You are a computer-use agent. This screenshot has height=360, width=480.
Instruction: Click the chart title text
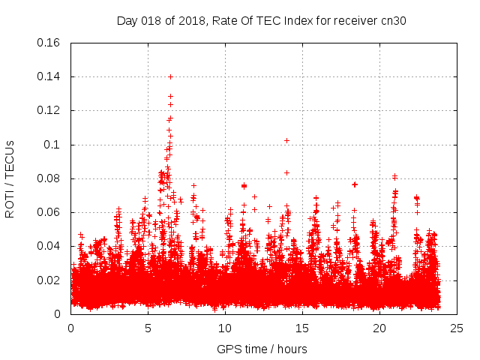click(x=262, y=19)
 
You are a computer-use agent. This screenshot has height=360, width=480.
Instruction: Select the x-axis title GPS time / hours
click(x=262, y=349)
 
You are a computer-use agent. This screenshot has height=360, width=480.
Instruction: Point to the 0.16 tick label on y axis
click(x=49, y=43)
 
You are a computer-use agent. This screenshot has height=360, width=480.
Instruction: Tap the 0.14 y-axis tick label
click(x=49, y=76)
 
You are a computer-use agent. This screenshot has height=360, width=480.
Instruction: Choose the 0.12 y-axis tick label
click(x=49, y=110)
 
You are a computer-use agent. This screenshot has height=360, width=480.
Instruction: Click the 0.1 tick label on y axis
click(x=54, y=145)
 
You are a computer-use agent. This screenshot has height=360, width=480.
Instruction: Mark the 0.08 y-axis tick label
click(x=49, y=178)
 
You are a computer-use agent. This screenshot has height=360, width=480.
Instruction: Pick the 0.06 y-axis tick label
click(x=49, y=212)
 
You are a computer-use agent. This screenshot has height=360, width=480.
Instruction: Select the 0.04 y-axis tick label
click(x=49, y=246)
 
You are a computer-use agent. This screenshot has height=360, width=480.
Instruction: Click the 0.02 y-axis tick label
click(x=49, y=280)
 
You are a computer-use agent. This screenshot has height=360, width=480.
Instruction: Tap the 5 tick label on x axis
click(x=148, y=328)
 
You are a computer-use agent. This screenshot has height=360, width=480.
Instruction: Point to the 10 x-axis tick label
click(x=226, y=328)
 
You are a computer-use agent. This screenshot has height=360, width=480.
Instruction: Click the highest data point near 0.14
click(x=170, y=76)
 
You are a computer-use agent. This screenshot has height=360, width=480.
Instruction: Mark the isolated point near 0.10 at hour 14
click(x=286, y=140)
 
